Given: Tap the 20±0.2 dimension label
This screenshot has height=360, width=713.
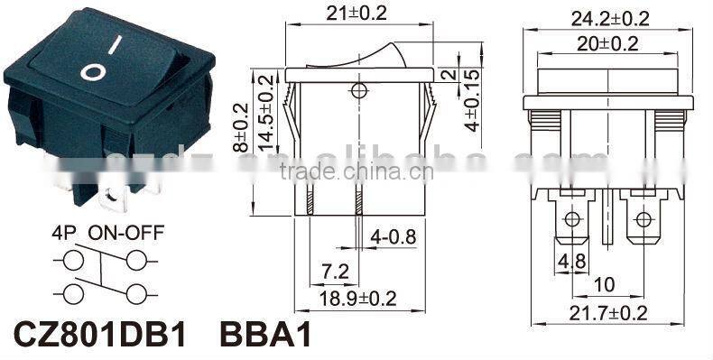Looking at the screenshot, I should pos(611,43).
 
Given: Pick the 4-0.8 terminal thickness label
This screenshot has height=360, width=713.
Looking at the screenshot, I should pos(394,238).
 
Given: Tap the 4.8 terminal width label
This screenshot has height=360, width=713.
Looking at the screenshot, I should pos(571,262).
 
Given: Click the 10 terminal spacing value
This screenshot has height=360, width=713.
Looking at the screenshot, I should pos(606,285).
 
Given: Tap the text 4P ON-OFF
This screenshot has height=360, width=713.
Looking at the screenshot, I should pos(106,233).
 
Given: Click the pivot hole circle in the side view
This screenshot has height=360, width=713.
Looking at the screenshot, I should pos(359,90).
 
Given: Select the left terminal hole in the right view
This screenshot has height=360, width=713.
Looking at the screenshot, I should pos(571,219).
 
